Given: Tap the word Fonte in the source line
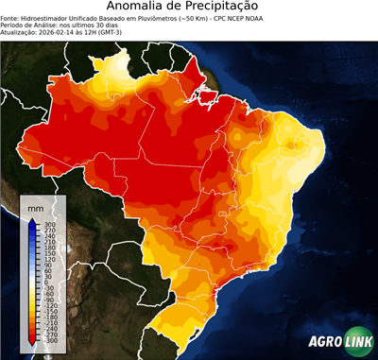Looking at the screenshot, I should coord(10,18).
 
